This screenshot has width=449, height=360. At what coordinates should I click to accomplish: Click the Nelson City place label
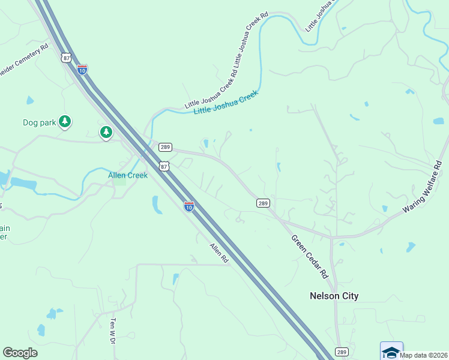point(334,296)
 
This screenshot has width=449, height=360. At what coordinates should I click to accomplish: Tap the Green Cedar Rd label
point(309,257)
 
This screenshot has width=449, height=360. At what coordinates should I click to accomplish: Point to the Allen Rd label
point(219,253)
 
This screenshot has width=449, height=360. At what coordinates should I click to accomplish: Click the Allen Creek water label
point(128,175)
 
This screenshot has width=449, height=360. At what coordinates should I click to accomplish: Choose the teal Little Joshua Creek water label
point(226,103)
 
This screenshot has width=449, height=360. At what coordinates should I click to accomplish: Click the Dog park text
point(39,122)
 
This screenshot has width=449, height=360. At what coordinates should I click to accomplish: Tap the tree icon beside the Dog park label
point(65,122)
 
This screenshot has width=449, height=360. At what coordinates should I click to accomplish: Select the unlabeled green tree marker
point(106,131)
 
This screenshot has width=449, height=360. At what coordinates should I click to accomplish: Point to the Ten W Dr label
point(112,331)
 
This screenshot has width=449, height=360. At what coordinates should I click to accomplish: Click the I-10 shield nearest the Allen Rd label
point(188,207)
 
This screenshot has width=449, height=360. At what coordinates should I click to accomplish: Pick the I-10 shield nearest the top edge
point(82,70)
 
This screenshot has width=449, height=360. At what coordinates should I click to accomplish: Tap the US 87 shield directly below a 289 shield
point(164,166)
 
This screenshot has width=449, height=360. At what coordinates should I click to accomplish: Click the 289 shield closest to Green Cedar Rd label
point(263,203)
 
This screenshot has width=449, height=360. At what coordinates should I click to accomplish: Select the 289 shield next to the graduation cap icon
point(342,352)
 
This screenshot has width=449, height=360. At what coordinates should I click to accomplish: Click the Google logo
point(20,353)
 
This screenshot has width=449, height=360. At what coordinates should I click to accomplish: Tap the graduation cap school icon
point(391,352)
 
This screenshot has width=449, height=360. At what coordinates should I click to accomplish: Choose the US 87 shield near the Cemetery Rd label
point(65,57)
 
